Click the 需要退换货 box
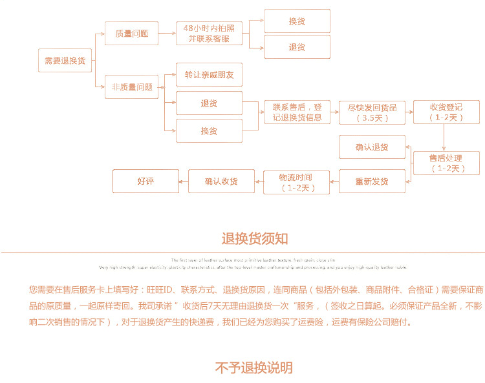pyautogui.click(x=65, y=60)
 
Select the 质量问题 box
pyautogui.click(x=131, y=33)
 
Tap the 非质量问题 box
pyautogui.click(x=131, y=87)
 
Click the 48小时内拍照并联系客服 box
pyautogui.click(x=209, y=33)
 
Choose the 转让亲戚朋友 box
pyautogui.click(x=209, y=75)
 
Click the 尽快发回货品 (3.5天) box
pyautogui.click(x=372, y=112)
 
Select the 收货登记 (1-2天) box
pyautogui.click(x=446, y=112)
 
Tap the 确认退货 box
pyautogui.click(x=372, y=147)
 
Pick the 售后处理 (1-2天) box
pyautogui.click(x=446, y=163)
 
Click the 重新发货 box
pyautogui.click(x=372, y=181)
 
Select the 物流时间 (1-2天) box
pyautogui.click(x=296, y=181)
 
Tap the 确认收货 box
pyautogui.click(x=221, y=181)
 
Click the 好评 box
pyautogui.click(x=145, y=181)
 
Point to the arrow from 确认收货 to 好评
pyautogui.click(x=183, y=181)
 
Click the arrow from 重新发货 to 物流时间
pyautogui.click(x=334, y=181)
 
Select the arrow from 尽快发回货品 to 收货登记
pyautogui.click(x=409, y=112)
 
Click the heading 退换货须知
pyautogui.click(x=255, y=239)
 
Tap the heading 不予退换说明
pyautogui.click(x=254, y=367)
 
